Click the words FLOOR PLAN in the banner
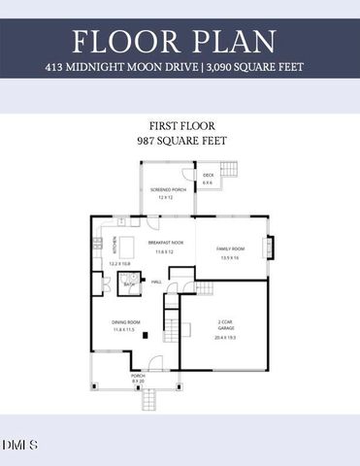point(180,42)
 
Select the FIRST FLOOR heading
point(180,126)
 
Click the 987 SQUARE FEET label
point(180,141)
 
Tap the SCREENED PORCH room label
point(166,189)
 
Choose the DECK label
point(208,176)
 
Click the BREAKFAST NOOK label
point(166,243)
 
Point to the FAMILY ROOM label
point(230,250)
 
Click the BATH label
point(129,284)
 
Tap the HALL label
point(155,282)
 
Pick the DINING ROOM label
point(127,322)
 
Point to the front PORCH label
point(138,375)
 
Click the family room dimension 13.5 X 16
point(230,257)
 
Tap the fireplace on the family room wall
point(270,247)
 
